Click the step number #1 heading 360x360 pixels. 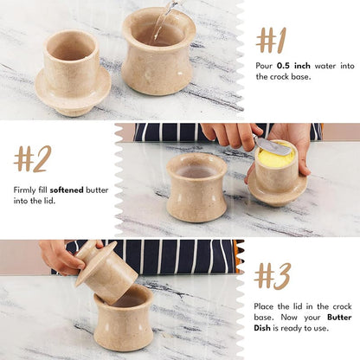coord(271,40)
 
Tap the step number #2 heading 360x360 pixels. coord(33,158)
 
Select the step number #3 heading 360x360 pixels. coord(273,275)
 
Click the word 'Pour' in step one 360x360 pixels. coord(264,65)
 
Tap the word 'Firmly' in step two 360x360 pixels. coord(24,189)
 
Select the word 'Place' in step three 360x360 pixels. coord(266,305)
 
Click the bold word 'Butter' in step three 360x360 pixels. coord(337,317)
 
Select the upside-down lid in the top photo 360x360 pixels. coord(72,73)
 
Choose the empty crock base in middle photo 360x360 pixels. coord(196,186)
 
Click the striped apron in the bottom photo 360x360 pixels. coord(173,255)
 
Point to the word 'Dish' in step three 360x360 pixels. coord(265,328)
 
